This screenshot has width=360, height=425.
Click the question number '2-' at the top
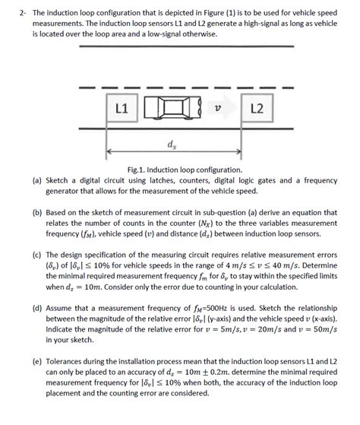24,14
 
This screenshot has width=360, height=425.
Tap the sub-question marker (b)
36,215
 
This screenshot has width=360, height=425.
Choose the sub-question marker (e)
36,365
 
